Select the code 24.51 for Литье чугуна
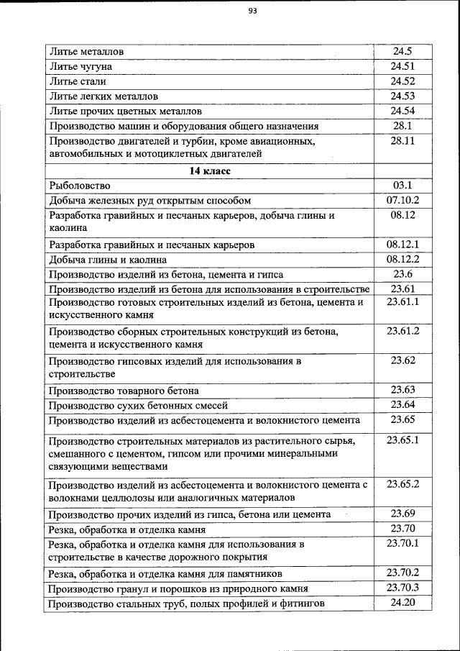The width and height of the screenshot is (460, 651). (402, 67)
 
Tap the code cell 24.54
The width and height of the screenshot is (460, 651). (402, 111)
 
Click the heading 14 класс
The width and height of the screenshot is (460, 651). (209, 171)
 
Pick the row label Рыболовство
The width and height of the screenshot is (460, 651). (79, 186)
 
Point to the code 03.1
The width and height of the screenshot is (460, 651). (402, 186)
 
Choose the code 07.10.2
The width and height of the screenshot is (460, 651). (402, 200)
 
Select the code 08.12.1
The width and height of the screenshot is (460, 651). (402, 244)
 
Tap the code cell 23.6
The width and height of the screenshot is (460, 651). (402, 274)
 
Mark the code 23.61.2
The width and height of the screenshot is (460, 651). (402, 331)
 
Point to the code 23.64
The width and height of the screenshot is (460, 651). (402, 405)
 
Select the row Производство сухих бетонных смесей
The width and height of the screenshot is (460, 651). (136, 406)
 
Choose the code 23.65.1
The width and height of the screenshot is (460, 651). (402, 440)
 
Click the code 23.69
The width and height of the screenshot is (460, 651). (402, 514)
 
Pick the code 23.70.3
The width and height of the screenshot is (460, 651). (402, 588)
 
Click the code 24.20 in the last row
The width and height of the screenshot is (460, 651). (402, 603)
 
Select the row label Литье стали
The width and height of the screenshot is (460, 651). (80, 81)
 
